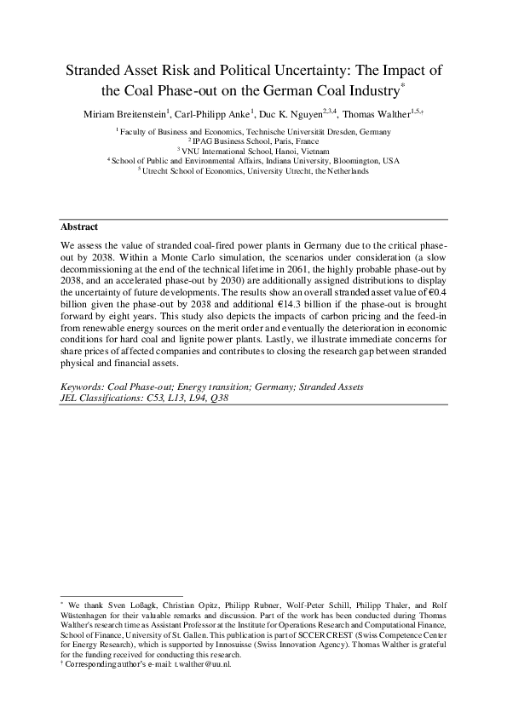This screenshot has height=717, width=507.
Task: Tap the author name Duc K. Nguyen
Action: click(311, 113)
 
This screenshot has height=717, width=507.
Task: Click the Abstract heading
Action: click(79, 227)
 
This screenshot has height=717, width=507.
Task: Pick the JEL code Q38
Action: click(216, 397)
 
